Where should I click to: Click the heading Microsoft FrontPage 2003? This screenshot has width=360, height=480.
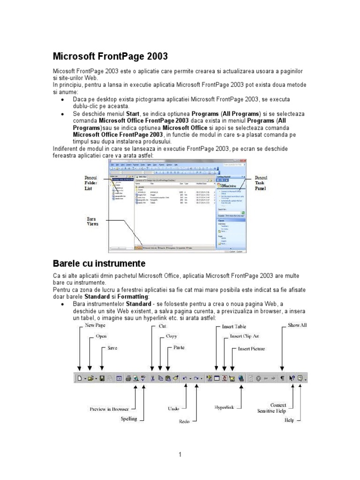point(110,57)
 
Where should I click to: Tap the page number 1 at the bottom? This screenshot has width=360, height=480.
point(180,454)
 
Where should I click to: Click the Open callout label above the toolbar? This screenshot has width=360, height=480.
point(101,336)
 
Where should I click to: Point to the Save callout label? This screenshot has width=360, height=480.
point(112,348)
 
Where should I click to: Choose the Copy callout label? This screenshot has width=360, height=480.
point(172,336)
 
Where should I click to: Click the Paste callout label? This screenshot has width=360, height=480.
point(179,348)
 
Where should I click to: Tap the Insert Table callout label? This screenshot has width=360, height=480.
point(234,326)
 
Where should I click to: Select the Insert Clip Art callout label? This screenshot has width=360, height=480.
point(244,336)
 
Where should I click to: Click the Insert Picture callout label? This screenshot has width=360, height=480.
point(251,349)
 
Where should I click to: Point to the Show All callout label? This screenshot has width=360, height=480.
point(297,325)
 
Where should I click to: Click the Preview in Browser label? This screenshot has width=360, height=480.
point(109,409)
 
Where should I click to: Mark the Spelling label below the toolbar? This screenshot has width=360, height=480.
point(129,419)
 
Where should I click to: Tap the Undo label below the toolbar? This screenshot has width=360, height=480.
point(173,409)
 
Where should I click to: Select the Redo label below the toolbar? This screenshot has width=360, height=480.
point(184,421)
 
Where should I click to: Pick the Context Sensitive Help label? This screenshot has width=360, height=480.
point(272,408)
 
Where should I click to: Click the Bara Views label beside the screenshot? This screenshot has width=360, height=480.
point(92,221)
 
